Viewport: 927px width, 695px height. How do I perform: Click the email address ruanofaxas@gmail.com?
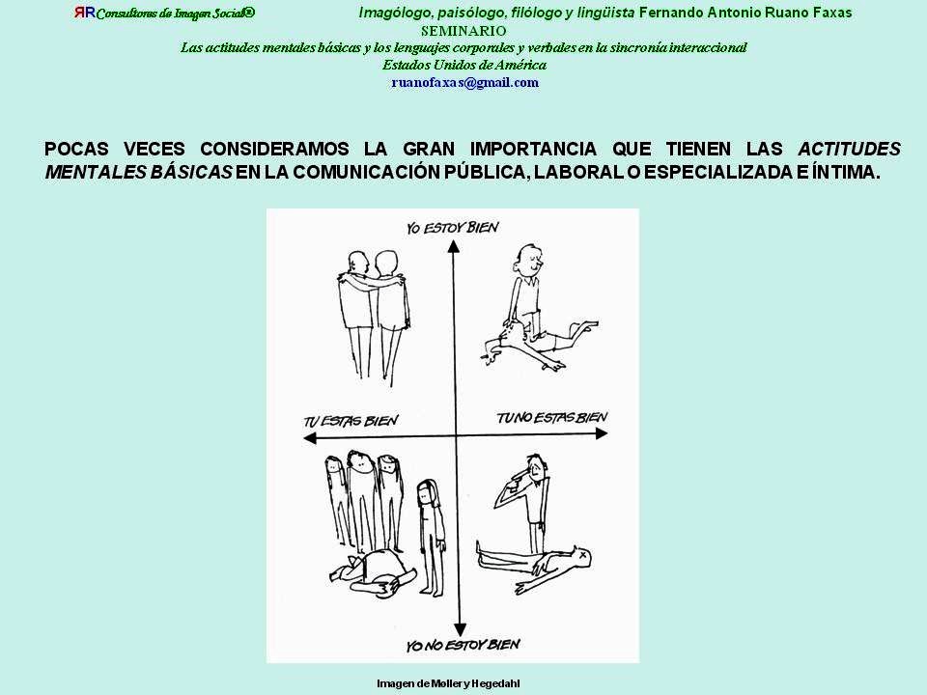(x=464, y=83)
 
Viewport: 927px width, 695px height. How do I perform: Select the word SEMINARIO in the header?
(x=463, y=31)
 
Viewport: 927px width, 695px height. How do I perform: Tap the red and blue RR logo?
(x=85, y=13)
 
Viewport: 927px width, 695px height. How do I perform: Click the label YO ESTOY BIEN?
(x=452, y=228)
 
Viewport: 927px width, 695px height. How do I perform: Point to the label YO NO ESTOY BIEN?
(x=463, y=645)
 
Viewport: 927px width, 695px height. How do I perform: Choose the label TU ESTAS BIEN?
(x=351, y=421)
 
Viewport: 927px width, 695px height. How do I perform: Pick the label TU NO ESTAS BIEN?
(x=551, y=418)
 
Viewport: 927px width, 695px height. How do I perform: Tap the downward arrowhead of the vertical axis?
(x=460, y=629)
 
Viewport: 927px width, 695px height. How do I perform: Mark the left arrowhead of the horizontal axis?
(x=310, y=438)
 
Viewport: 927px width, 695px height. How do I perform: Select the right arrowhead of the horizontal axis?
(x=601, y=433)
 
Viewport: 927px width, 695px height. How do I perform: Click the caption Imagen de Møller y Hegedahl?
(x=448, y=683)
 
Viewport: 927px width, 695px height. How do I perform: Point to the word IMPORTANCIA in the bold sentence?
(x=533, y=149)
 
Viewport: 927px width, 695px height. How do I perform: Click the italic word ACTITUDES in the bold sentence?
(x=849, y=149)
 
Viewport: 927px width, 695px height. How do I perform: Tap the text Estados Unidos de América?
(x=464, y=65)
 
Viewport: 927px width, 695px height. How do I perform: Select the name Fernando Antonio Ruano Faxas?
(x=745, y=13)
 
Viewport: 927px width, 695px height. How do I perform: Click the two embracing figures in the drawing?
(x=374, y=318)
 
